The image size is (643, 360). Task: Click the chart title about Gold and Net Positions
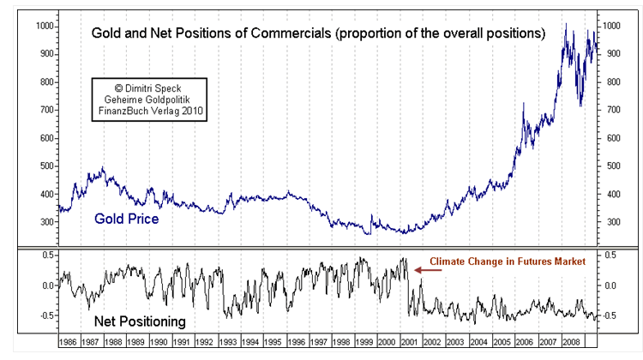(x=318, y=34)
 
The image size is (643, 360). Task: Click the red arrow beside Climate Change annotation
(x=429, y=270)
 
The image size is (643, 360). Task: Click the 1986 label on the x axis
(x=70, y=342)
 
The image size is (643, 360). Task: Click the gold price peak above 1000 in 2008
(x=566, y=25)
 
